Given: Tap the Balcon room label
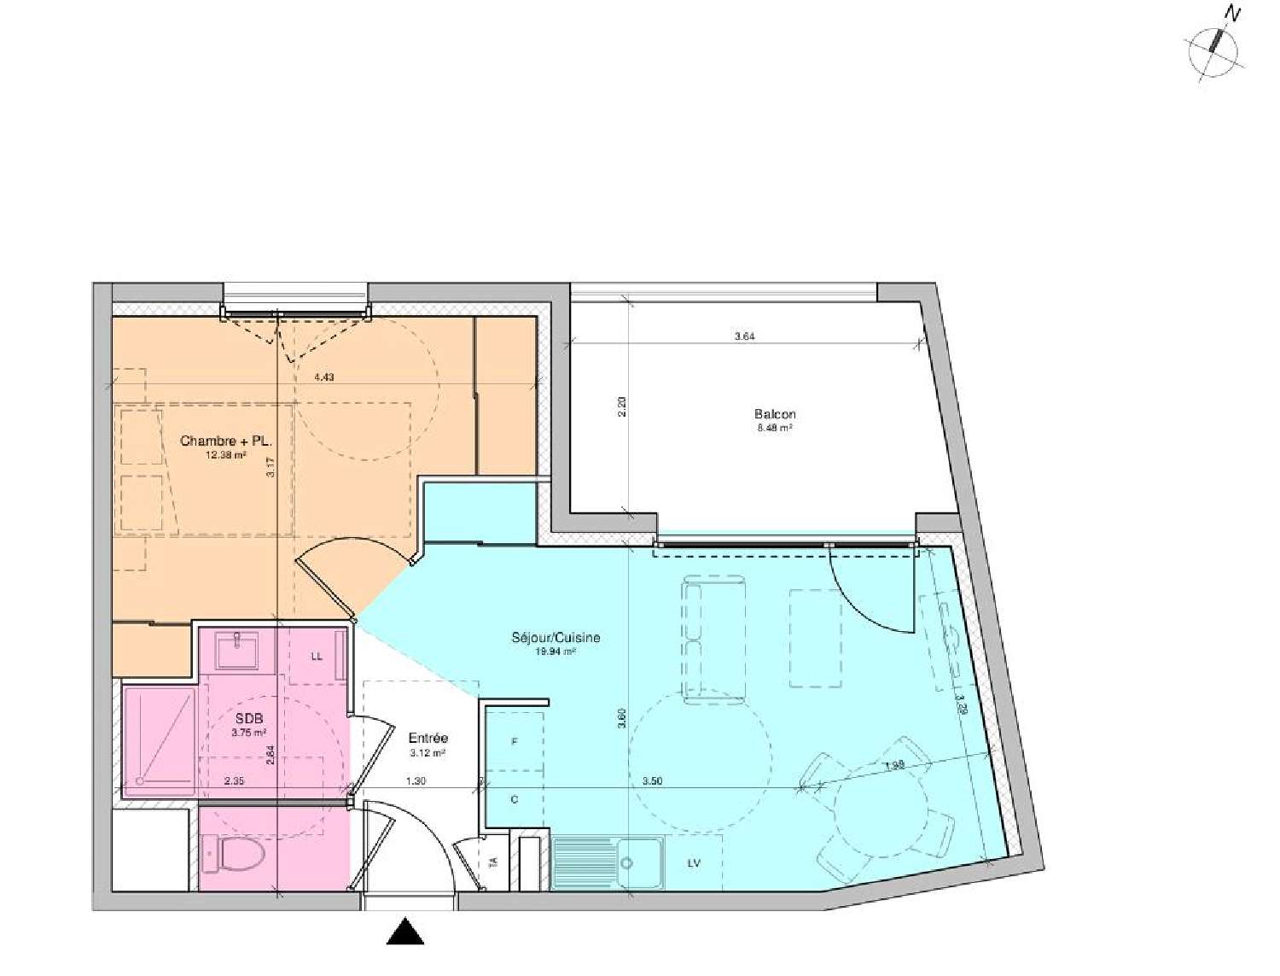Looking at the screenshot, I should tap(775, 414).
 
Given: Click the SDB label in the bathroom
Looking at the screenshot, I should tap(249, 719).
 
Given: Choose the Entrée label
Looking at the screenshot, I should tap(428, 738).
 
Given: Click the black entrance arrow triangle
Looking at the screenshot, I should tap(405, 932).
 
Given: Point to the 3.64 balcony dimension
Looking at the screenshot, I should tap(745, 336).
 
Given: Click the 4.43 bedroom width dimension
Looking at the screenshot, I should tap(323, 377).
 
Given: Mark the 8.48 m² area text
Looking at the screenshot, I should tap(775, 428).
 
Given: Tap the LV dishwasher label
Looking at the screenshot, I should tap(694, 863).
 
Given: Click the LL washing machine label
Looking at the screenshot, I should tap(317, 657).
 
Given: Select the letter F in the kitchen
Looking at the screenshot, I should tap(515, 742).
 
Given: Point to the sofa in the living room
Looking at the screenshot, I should tap(713, 640).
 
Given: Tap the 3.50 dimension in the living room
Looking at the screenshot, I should tap(652, 780).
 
